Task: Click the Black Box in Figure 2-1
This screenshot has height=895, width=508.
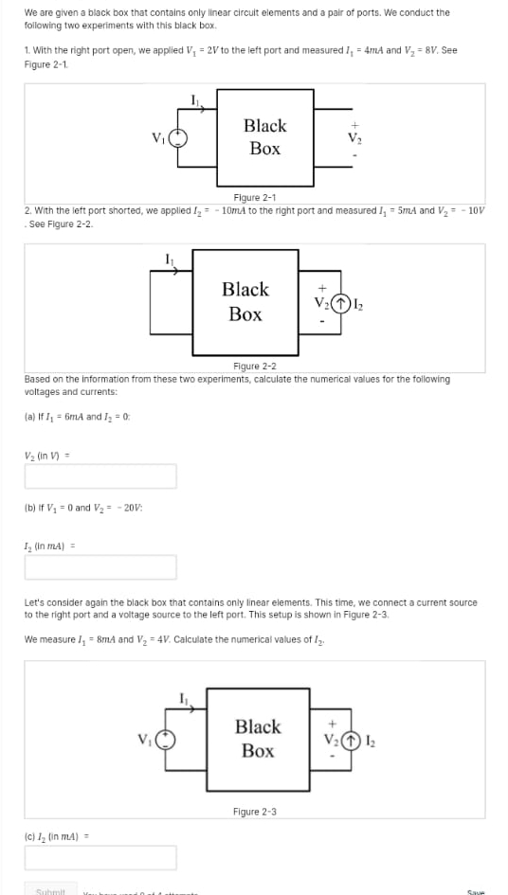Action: (265, 137)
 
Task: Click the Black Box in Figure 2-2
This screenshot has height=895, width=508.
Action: (245, 301)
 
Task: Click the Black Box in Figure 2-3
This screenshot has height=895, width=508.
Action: (258, 739)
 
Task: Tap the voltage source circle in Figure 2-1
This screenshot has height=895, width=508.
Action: (177, 137)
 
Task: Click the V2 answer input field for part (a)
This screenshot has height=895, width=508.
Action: (100, 475)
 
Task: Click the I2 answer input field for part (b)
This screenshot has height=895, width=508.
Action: (100, 566)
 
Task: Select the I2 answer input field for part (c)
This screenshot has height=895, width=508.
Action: (100, 857)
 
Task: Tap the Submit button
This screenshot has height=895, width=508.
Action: (50, 891)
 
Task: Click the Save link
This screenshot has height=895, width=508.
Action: (477, 891)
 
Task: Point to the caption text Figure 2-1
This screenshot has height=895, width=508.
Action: (254, 197)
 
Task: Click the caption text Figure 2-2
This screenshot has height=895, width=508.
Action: (254, 366)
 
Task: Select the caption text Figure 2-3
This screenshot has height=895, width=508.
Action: (254, 812)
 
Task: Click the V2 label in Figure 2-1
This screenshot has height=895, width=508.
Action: (355, 138)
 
